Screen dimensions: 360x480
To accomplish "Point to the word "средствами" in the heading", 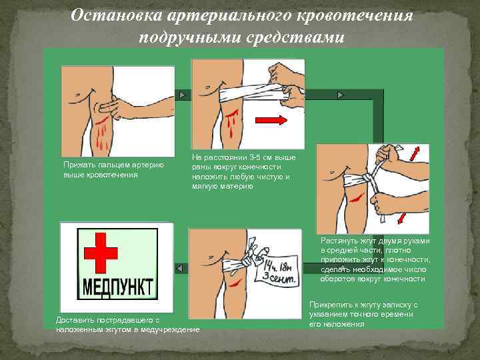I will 293,36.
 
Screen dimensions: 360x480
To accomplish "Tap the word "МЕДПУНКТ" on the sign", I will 117,287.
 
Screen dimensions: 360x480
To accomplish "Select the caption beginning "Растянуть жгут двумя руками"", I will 375,259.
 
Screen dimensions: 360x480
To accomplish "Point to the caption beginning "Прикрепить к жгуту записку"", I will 363,314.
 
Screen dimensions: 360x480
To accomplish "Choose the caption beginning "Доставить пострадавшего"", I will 127,325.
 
